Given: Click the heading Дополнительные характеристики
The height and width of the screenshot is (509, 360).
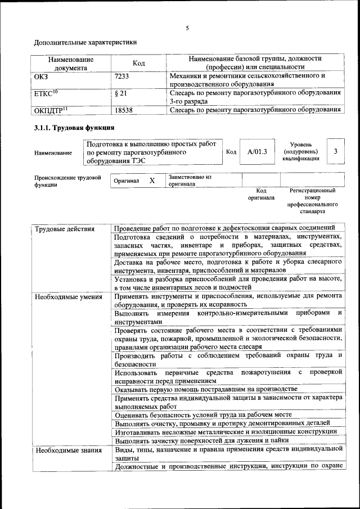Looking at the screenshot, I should pos(85,42).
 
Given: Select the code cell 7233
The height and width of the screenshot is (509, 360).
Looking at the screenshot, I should pos(123,75).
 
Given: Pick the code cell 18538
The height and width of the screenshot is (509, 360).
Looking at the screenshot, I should pos(123,111).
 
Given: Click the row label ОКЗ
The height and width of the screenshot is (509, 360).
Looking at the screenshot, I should pos(42,75).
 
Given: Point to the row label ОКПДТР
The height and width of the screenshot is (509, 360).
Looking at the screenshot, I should pos(50,111).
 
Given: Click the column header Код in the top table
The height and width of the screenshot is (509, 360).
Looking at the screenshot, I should pos(138,63).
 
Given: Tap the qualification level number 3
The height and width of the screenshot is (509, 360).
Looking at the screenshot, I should pos(335,151).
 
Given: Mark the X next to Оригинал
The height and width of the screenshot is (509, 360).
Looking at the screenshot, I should pos(152,181).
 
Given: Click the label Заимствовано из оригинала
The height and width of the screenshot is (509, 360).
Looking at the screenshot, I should pos(189,180).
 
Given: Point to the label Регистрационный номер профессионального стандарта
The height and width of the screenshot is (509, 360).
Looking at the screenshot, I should pos(313,201).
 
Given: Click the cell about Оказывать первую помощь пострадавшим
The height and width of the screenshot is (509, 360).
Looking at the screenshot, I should pos(205,389).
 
